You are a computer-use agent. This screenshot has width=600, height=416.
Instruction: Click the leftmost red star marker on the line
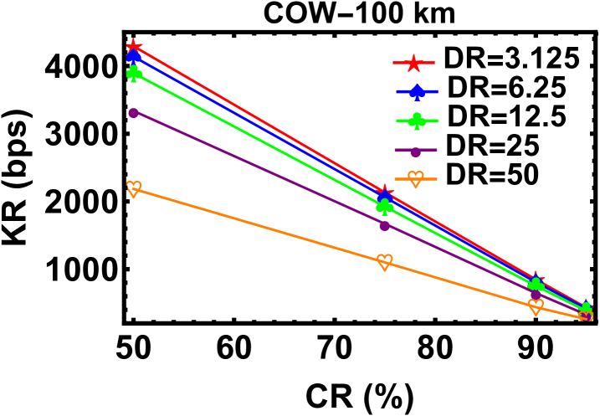point(133,47)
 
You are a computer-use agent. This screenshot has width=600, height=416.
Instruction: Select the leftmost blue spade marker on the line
point(133,56)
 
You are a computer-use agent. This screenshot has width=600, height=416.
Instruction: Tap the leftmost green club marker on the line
point(134,74)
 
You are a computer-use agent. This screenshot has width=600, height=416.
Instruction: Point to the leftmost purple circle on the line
point(134,113)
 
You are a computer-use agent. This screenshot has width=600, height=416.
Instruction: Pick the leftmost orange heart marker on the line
point(134,189)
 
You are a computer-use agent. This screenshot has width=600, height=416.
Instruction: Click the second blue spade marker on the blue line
point(384,198)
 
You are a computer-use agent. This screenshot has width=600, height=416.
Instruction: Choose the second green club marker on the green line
point(384,206)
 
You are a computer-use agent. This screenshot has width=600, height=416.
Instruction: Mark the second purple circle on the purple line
point(384,225)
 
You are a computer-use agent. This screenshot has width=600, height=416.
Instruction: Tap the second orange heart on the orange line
point(384,262)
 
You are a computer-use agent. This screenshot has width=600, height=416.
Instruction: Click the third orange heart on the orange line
point(536,307)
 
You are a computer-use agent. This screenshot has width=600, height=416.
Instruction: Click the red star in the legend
point(413,63)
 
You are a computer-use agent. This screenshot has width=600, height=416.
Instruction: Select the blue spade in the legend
point(416,91)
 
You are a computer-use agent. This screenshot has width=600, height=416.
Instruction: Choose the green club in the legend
point(417,121)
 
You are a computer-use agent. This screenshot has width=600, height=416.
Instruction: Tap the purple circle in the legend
point(415,152)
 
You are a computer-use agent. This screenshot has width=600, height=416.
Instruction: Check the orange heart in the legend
point(415,179)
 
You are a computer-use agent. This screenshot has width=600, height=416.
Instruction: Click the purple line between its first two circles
point(259,169)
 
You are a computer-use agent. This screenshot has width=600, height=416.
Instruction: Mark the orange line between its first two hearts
point(259,226)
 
